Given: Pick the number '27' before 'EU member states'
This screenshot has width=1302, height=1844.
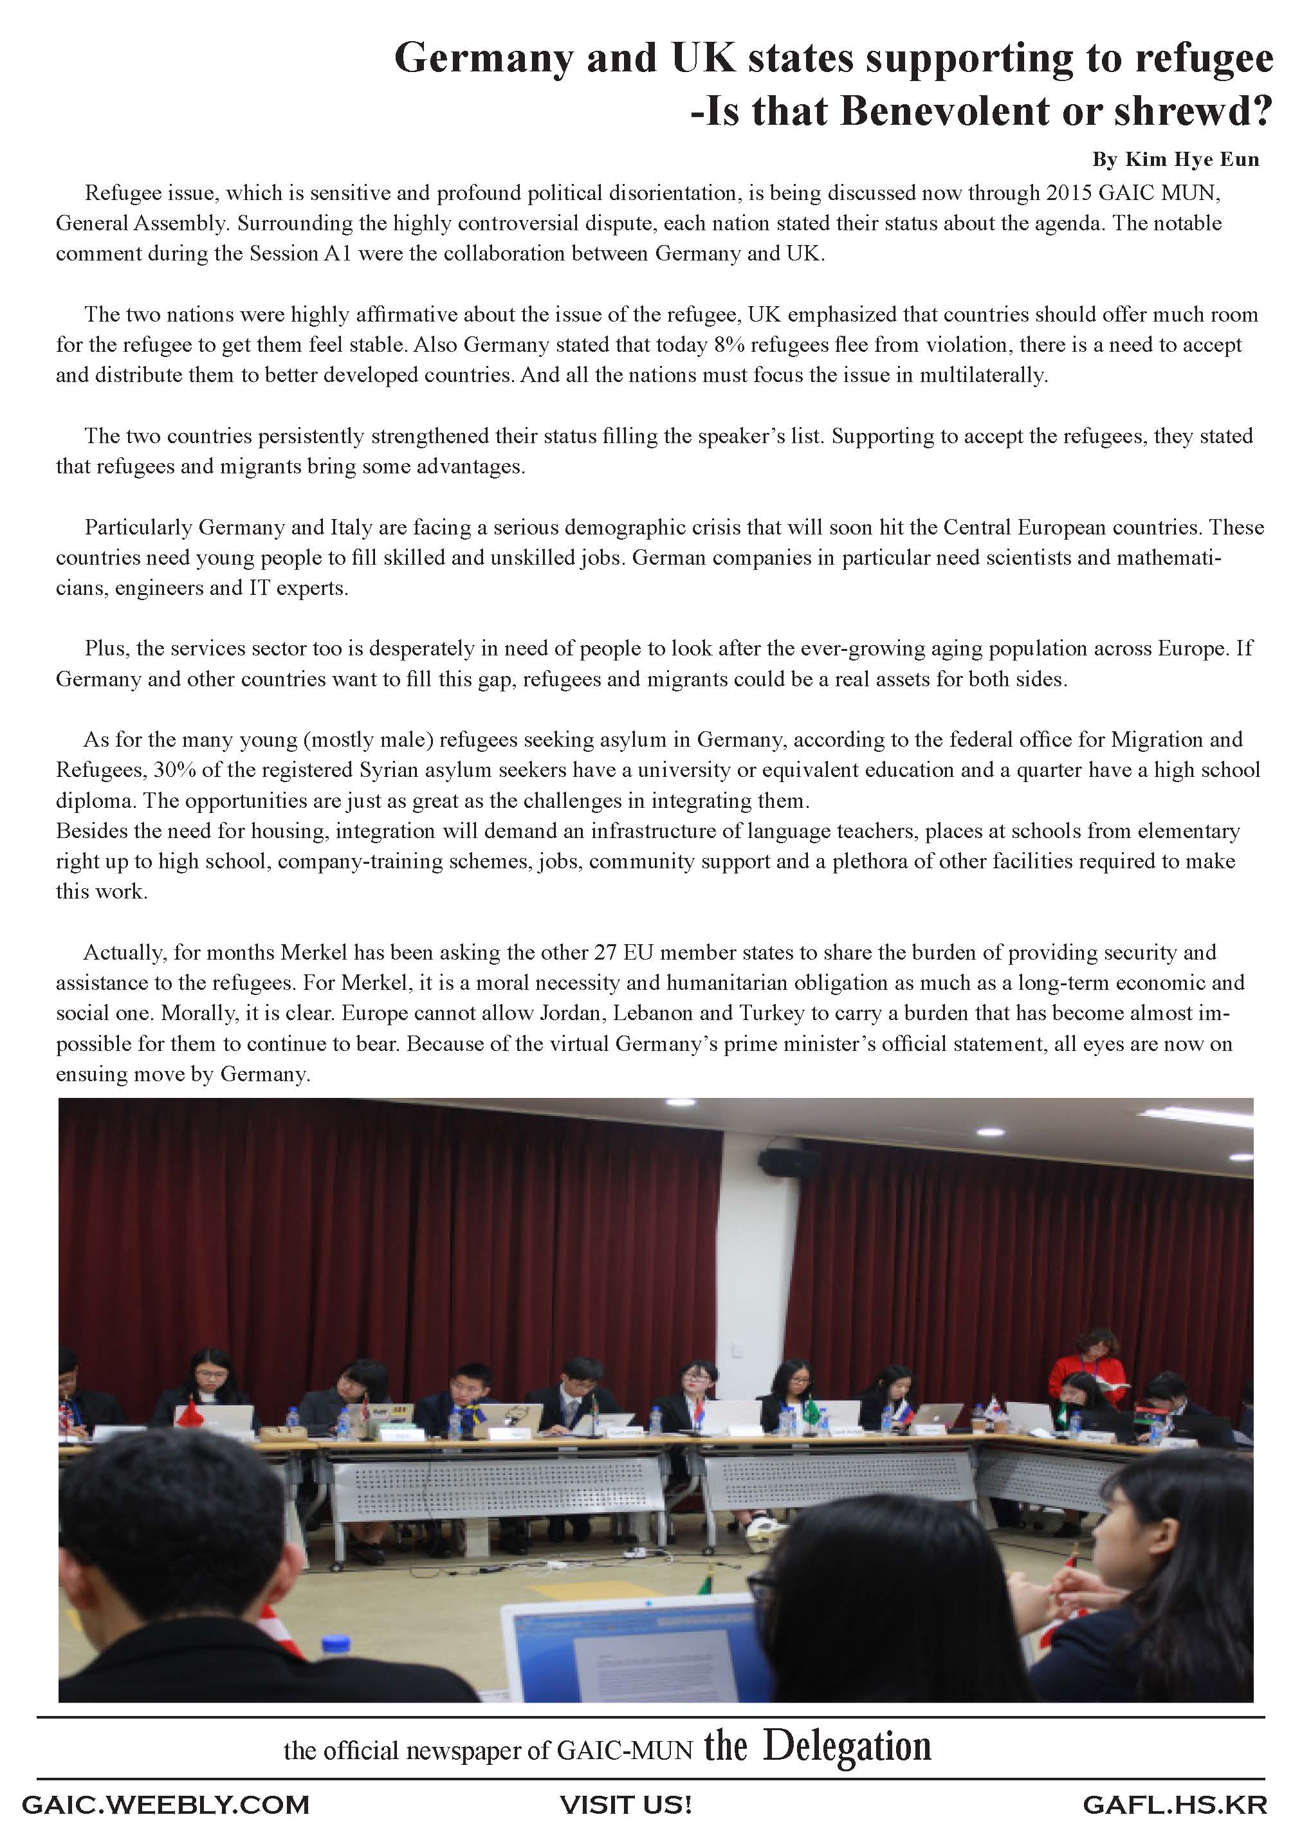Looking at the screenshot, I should click(605, 953).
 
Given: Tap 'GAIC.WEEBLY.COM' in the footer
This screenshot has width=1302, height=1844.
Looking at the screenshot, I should click(165, 1805).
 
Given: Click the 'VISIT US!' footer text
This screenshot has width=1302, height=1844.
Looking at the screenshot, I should click(626, 1805).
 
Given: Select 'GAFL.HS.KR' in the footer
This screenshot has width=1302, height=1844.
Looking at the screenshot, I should click(1174, 1805).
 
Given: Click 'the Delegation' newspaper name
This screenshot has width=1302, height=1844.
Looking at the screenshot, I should click(818, 1747).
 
